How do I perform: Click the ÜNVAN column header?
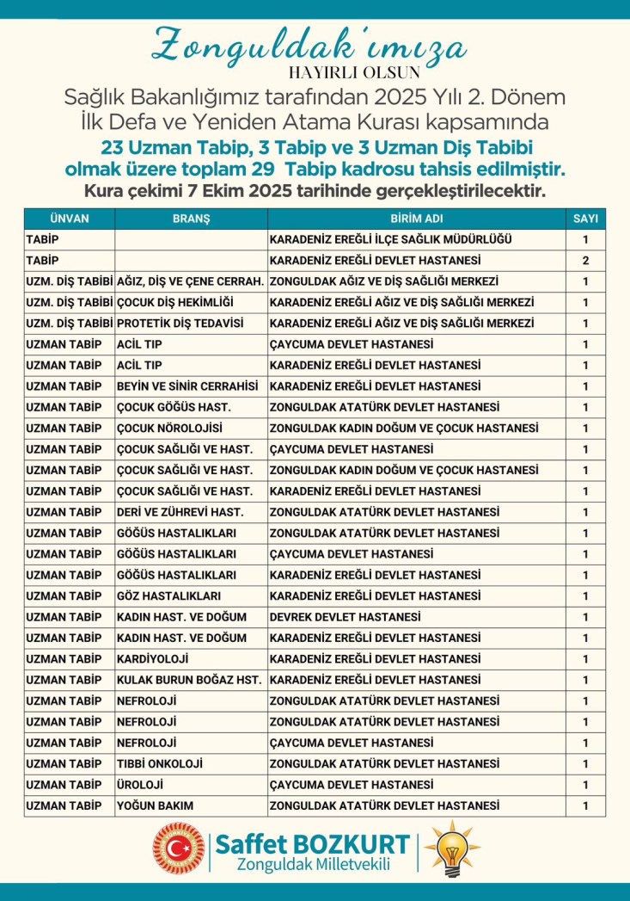pyautogui.click(x=70, y=219)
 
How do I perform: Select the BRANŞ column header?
pyautogui.click(x=191, y=219)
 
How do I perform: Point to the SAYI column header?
pyautogui.click(x=585, y=219)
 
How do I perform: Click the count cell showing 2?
pyautogui.click(x=585, y=261)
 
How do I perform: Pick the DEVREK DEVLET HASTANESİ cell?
pyautogui.click(x=345, y=617)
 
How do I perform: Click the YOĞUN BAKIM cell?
pyautogui.click(x=156, y=806)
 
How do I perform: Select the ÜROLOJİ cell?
pyautogui.click(x=141, y=785)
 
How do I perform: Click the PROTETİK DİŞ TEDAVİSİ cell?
pyautogui.click(x=180, y=324)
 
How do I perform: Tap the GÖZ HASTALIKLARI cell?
pyautogui.click(x=169, y=596)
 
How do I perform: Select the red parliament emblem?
pyautogui.click(x=180, y=849)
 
